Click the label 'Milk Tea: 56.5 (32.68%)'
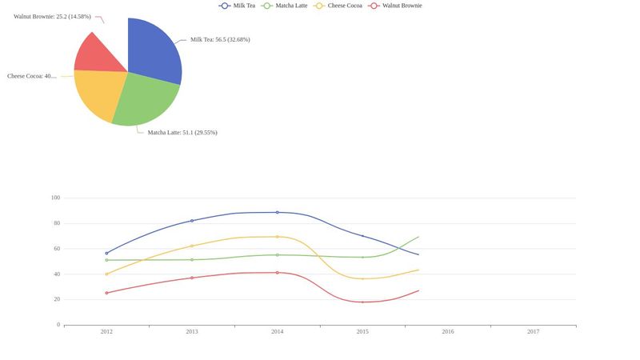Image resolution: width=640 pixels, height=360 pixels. (220, 39)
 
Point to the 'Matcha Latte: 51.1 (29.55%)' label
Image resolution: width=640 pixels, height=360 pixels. (182, 133)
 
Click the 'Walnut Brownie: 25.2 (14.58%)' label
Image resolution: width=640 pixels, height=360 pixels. (52, 16)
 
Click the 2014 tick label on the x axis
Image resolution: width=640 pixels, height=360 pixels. (277, 331)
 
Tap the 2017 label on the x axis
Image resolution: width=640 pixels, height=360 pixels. (533, 331)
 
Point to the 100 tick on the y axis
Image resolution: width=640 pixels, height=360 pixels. (55, 198)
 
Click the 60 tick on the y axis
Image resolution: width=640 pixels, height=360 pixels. (57, 249)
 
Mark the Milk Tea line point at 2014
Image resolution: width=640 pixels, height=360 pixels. (277, 213)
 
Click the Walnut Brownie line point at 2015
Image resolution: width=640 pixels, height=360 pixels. (362, 302)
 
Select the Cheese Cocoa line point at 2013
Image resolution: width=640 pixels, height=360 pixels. (192, 246)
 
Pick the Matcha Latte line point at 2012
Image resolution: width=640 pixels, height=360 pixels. (106, 260)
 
